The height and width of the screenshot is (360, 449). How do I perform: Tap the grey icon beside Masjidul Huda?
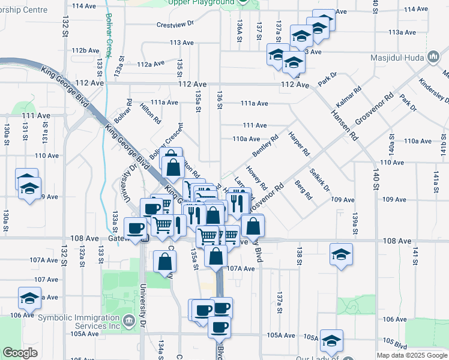(x=433, y=58)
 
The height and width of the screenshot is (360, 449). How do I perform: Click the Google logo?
(x=20, y=353)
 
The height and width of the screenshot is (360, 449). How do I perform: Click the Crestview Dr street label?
(x=175, y=25)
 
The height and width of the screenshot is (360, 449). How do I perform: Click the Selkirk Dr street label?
(x=319, y=179)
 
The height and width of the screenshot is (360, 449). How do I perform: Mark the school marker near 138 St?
(x=341, y=255)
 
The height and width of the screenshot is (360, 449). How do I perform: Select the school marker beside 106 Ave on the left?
(x=29, y=298)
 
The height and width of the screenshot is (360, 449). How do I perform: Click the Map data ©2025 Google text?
(x=411, y=355)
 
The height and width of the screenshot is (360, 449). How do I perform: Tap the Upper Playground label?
(x=202, y=2)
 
